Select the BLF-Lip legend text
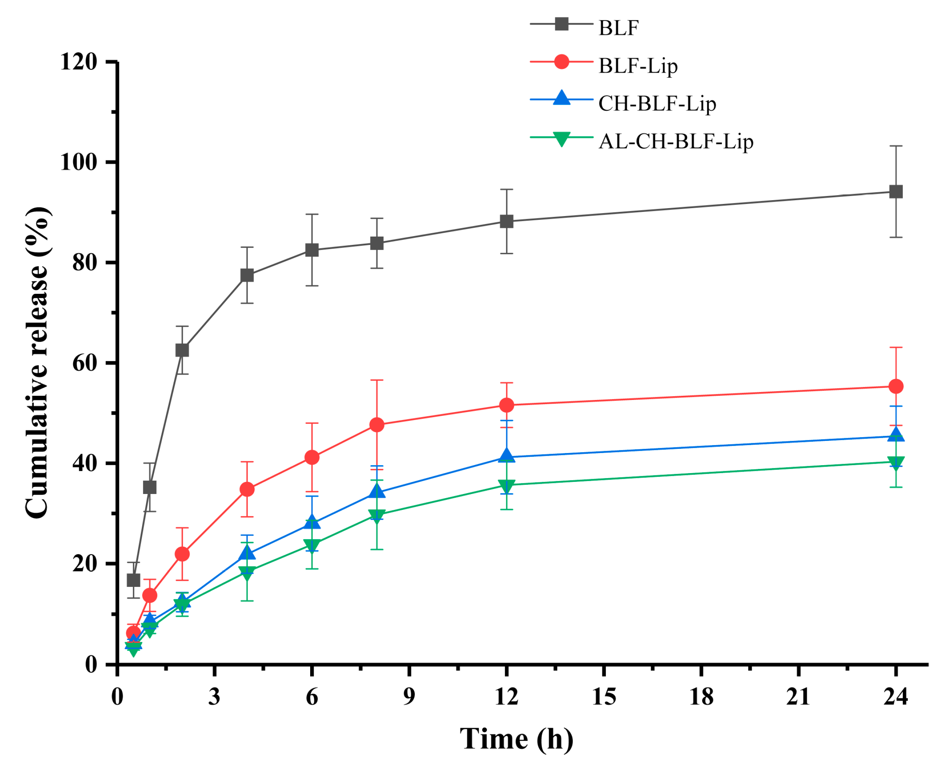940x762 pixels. (637, 66)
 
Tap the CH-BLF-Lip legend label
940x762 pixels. (657, 103)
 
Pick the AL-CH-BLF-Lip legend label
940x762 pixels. (675, 141)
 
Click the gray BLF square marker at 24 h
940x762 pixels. (895, 192)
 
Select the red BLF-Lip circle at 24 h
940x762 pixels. (895, 387)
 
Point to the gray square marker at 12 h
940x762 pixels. (506, 222)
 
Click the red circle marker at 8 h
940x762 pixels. (377, 425)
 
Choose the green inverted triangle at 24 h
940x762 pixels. (895, 462)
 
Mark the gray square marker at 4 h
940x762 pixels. (247, 276)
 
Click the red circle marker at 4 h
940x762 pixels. (247, 489)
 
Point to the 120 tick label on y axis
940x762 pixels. (78, 62)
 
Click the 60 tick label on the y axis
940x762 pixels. (84, 364)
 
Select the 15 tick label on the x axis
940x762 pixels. (604, 697)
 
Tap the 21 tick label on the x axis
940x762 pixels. (798, 697)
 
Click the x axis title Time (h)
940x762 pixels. (516, 739)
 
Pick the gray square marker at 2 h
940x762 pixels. (182, 351)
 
